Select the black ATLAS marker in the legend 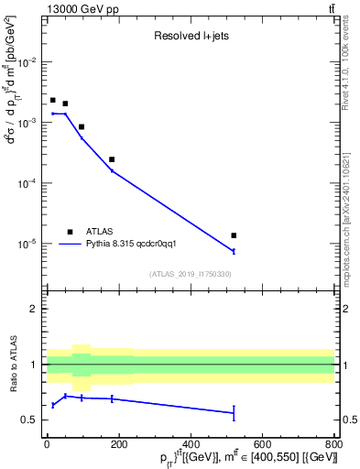point(70,232)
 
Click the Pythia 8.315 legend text point(137,245)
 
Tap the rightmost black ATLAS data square point(234,235)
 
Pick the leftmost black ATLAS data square point(53,100)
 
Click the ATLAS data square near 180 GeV point(112,159)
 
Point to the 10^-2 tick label point(28,62)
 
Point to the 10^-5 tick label point(28,244)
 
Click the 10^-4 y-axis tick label point(28,183)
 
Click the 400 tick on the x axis point(191,445)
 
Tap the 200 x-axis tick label point(118,445)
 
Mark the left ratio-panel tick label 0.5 point(32,420)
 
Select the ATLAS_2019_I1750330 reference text point(190,274)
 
